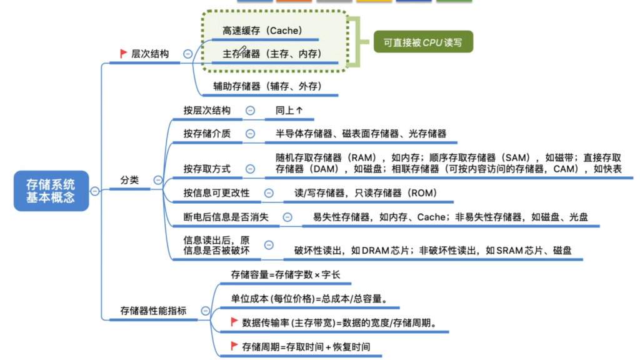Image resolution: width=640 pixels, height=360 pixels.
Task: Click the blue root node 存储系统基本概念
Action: (51, 191)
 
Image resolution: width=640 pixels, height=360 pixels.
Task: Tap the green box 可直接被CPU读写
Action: (423, 42)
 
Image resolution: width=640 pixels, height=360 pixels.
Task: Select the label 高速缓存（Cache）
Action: (262, 31)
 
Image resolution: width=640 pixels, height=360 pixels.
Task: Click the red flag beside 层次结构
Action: (124, 53)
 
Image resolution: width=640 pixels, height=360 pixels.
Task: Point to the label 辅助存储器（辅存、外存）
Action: (267, 86)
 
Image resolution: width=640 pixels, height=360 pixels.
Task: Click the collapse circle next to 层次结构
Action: (187, 54)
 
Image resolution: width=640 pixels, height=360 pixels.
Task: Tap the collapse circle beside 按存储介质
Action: (250, 134)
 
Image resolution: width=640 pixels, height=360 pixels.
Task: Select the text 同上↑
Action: (289, 110)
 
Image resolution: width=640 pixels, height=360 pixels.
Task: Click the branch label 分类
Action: (129, 180)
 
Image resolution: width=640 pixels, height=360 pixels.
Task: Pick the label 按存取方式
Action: (207, 169)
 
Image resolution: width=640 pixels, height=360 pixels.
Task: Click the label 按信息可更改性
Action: (216, 193)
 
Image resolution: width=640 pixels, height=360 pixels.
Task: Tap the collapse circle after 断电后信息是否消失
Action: (287, 217)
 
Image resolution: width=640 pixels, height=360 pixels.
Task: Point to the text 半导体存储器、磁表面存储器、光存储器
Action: (361, 134)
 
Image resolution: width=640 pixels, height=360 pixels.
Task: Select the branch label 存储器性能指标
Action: (153, 311)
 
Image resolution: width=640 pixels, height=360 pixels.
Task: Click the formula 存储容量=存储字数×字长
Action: (285, 275)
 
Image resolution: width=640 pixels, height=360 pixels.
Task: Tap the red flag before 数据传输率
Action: (234, 322)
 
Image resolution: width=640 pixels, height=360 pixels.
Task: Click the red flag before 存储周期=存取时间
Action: (234, 346)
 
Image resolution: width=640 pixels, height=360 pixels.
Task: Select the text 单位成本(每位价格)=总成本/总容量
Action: (309, 299)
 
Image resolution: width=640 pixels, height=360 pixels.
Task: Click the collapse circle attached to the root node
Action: (95, 191)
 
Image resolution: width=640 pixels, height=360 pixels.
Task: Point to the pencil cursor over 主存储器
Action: (241, 51)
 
